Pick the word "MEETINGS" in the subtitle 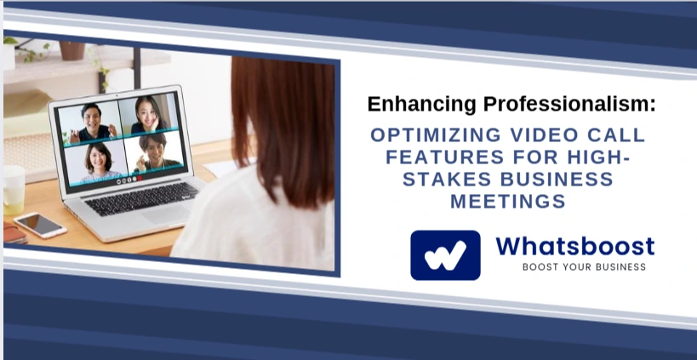pos(508,202)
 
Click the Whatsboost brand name pos(574,246)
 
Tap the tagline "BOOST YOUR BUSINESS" pos(584,267)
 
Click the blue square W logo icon pos(445,254)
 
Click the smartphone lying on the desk pos(39,225)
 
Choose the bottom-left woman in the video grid pos(95,160)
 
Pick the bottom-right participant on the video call pos(153,153)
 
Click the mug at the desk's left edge pos(12,188)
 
